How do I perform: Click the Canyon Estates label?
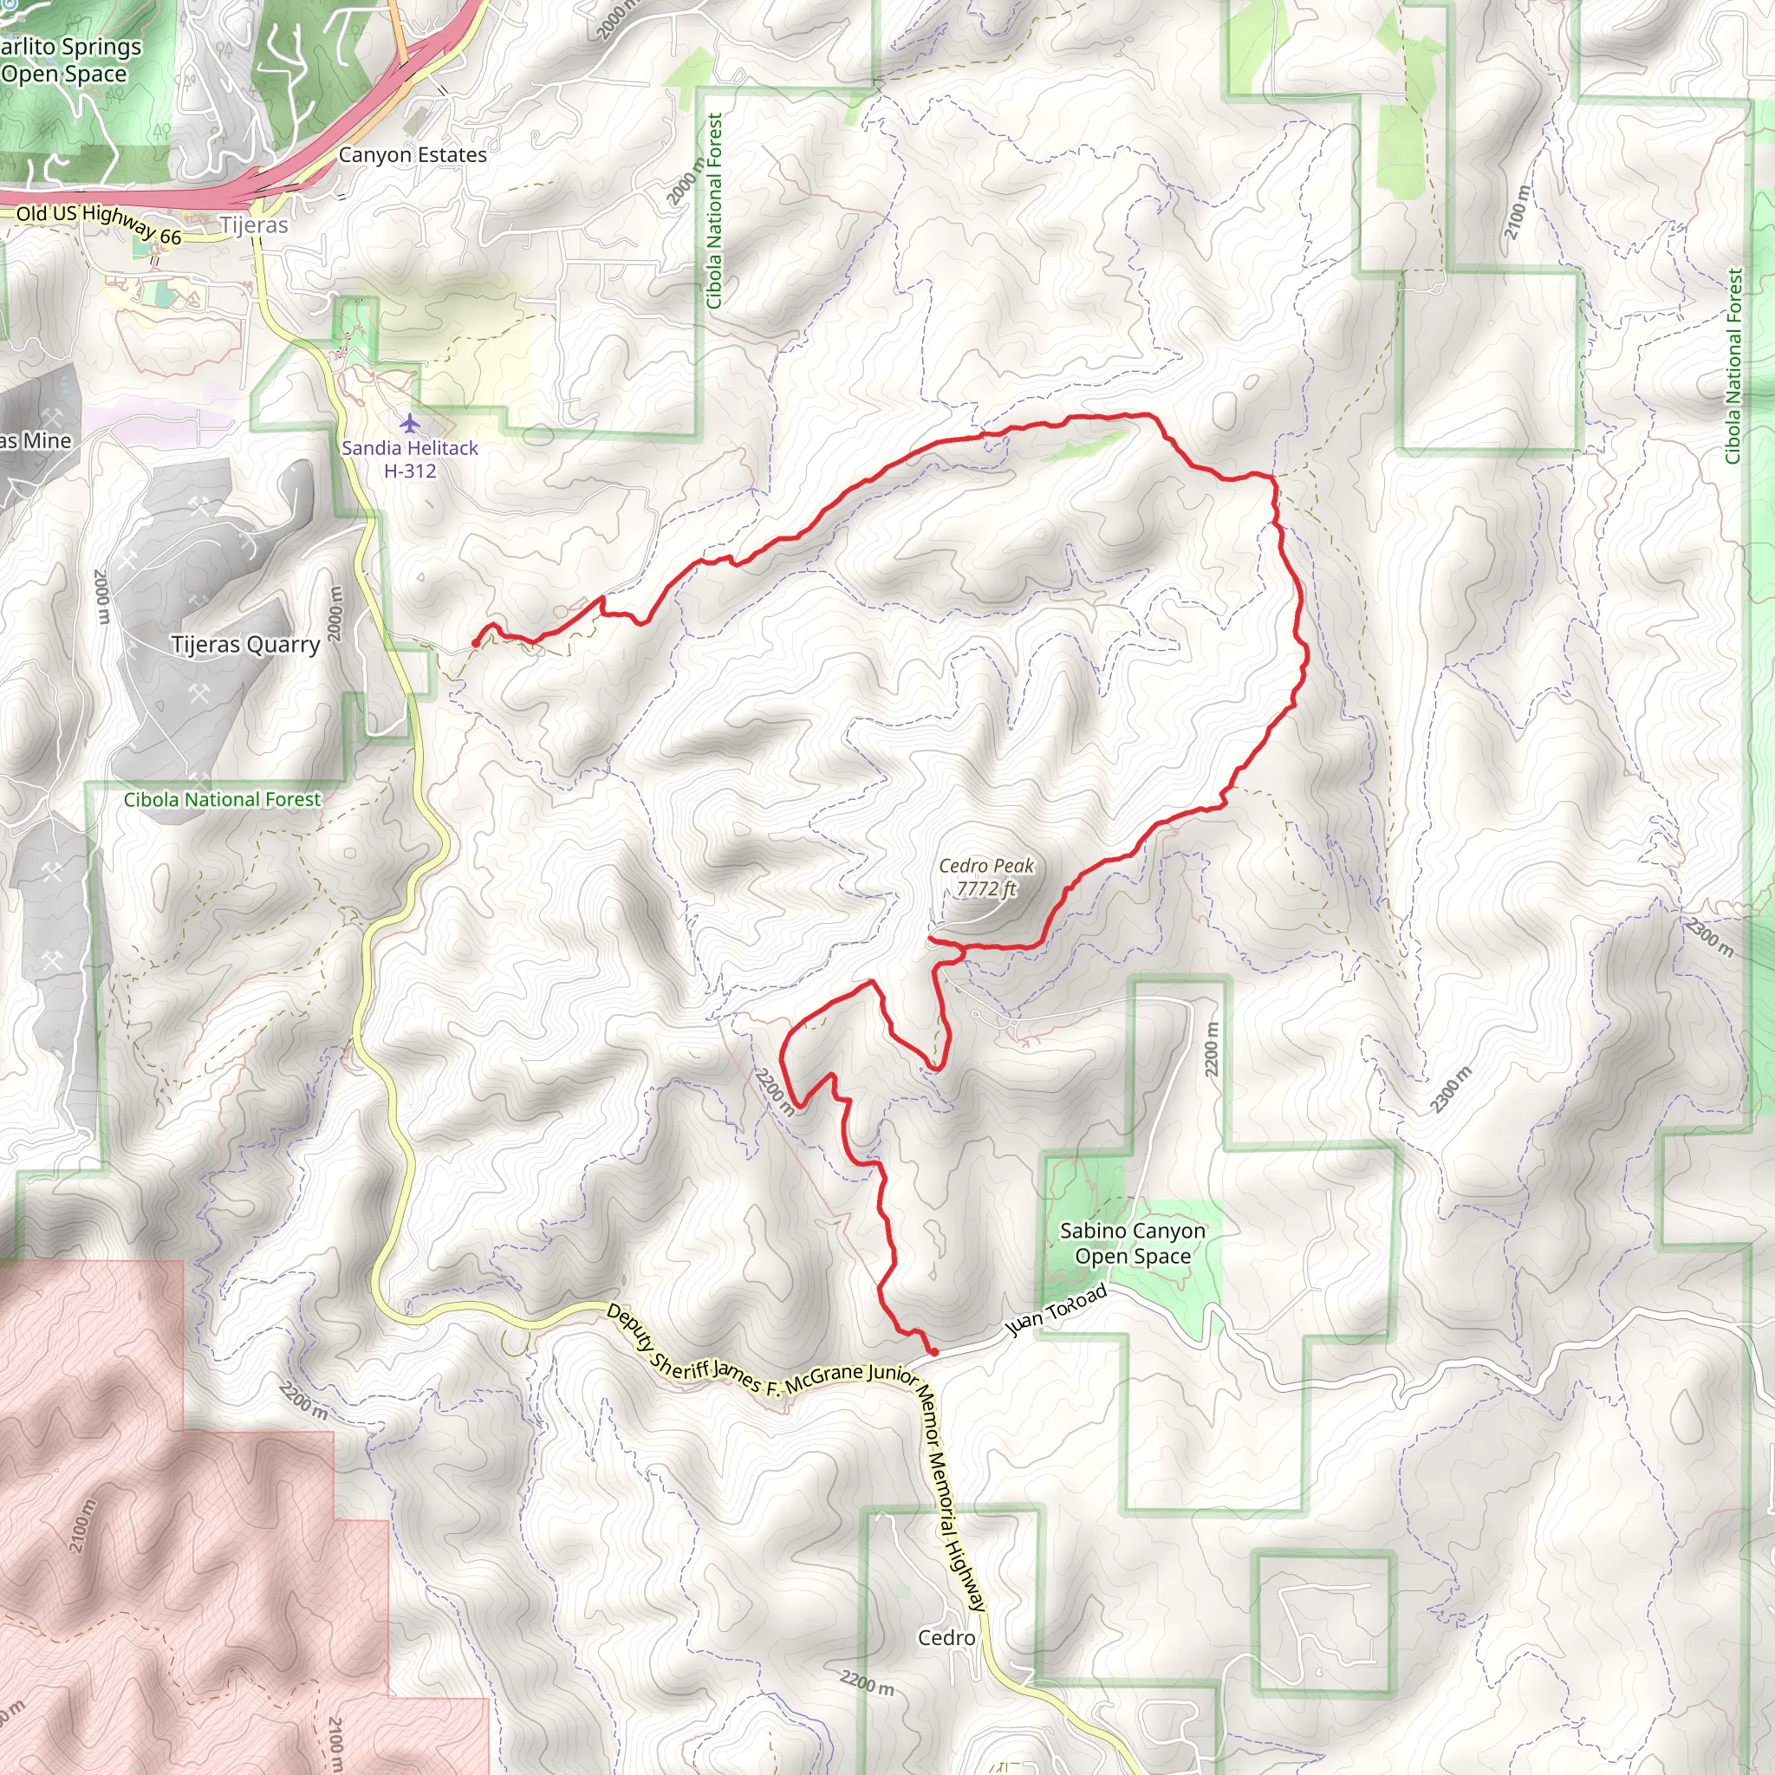tap(413, 154)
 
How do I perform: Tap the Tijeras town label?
tap(254, 225)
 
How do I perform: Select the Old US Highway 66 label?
tap(99, 224)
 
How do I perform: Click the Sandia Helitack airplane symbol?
tap(410, 423)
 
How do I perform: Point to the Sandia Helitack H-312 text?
tap(410, 459)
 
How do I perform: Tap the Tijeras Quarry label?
tap(245, 644)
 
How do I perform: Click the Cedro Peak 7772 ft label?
tap(985, 876)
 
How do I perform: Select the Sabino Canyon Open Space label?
tap(1132, 1243)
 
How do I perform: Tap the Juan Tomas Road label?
tap(1056, 1311)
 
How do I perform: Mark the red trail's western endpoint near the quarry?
tap(474, 643)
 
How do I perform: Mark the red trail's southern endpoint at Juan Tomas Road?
tap(934, 1352)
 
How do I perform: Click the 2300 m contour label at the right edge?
tap(1710, 936)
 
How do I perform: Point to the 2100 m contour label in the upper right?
tap(1517, 213)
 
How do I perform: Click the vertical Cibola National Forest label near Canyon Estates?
tap(715, 211)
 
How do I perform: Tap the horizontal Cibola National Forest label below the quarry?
tap(223, 799)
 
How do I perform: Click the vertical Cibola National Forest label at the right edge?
tap(1733, 366)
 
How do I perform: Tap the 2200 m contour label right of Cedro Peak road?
tap(1212, 1050)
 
